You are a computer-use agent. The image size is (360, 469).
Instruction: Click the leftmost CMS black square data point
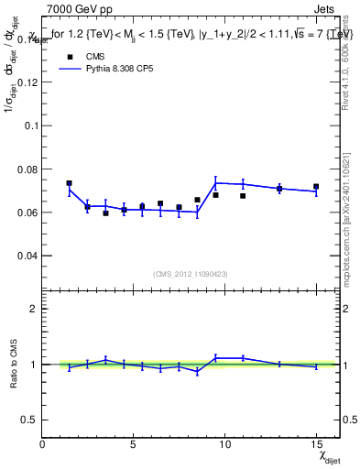[x=69, y=183]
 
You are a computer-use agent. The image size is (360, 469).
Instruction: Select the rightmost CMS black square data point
[x=316, y=187]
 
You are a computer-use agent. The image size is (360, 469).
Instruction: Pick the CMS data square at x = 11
[x=243, y=196]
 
